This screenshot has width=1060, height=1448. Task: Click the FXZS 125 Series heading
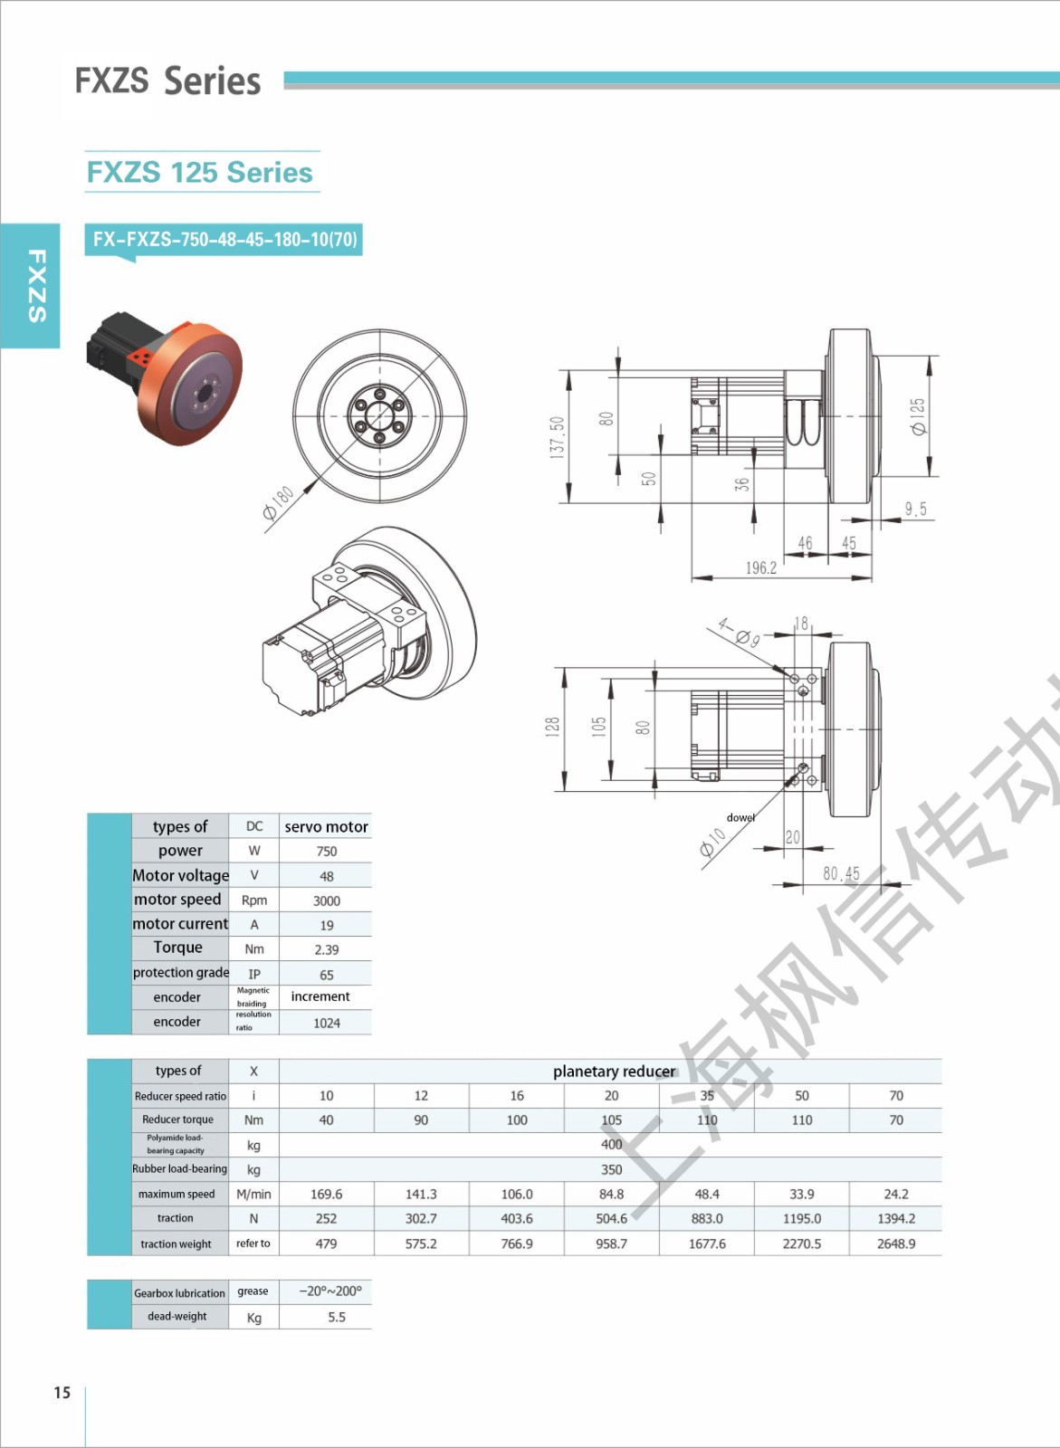coord(200,172)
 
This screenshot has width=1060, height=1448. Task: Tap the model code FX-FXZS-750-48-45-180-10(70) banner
coord(224,240)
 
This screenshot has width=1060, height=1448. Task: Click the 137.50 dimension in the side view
coord(557,437)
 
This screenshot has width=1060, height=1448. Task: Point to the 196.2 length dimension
coord(761,567)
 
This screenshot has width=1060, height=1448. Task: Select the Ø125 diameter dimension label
coord(918,416)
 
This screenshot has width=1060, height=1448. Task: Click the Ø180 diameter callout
coord(279,502)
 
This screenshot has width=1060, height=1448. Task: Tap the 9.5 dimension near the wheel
coord(916,509)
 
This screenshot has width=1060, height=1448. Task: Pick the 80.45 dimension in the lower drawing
coord(841,874)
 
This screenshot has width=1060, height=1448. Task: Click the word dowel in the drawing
coord(740,817)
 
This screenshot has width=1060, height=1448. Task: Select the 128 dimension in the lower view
coord(551,728)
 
